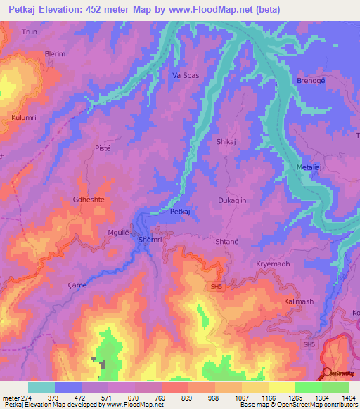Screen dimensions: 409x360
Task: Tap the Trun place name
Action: coord(30,32)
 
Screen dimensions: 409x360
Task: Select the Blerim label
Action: coord(35,53)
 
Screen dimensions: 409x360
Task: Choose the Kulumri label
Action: coord(25,117)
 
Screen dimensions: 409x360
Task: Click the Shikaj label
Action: coord(226,141)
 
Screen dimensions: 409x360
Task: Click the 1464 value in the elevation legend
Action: coord(348,397)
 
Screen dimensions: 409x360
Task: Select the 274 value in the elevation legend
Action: coord(27,397)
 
